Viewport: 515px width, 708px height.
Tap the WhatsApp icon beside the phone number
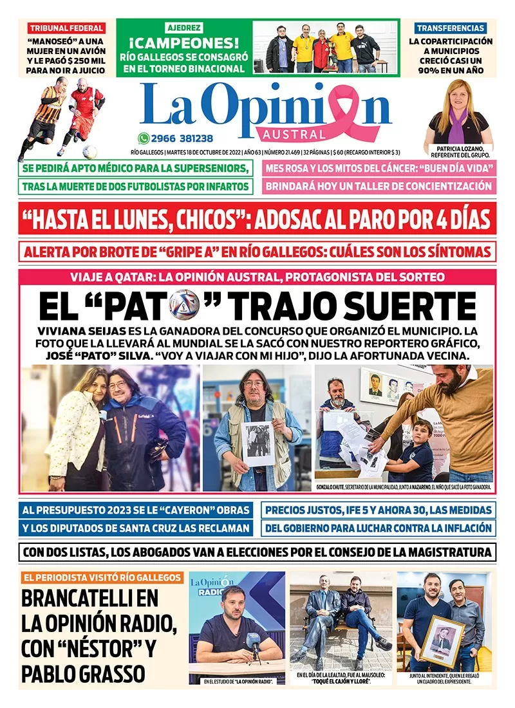click(144, 138)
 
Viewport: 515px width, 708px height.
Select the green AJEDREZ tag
click(185, 28)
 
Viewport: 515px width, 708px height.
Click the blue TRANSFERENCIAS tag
click(451, 28)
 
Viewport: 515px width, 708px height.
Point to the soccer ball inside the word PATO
click(185, 305)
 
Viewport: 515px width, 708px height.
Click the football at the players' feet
click(89, 152)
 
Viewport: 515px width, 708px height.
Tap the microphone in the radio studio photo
click(254, 640)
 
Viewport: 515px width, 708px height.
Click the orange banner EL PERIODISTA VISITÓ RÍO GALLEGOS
click(102, 577)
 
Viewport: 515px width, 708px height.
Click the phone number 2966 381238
click(182, 138)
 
